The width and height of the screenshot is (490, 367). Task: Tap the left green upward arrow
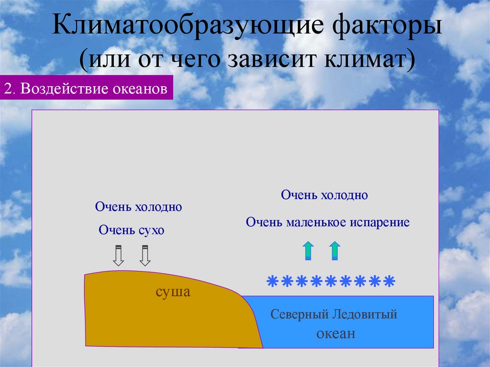(308, 251)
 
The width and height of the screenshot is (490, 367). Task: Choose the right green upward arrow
(335, 251)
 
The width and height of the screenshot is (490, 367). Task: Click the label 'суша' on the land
(173, 292)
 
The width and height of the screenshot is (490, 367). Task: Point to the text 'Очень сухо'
(132, 230)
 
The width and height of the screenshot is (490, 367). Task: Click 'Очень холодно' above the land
(138, 207)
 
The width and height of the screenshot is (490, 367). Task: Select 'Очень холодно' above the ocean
(324, 195)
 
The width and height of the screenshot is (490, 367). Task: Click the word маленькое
(315, 222)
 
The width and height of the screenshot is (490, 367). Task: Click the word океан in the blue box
(335, 334)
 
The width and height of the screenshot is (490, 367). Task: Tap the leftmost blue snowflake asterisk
(272, 281)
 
